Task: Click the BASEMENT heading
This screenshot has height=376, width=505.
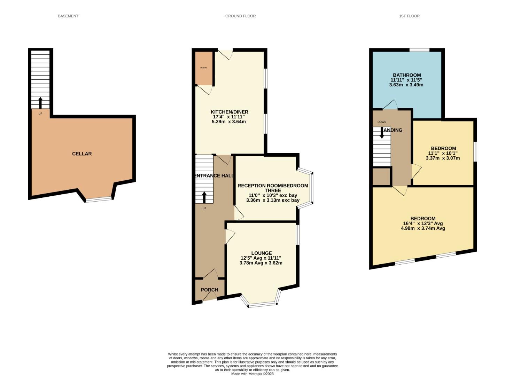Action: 68,16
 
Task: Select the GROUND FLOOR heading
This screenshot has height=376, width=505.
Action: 240,16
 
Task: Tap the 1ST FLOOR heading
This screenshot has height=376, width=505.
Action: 409,16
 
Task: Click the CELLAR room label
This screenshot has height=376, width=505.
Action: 82,154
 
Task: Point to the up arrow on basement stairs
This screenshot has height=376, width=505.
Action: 40,103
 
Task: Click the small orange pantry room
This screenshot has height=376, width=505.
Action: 204,68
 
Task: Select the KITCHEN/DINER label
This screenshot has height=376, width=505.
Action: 229,112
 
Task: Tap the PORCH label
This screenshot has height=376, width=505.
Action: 209,290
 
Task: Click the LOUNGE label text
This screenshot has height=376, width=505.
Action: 262,253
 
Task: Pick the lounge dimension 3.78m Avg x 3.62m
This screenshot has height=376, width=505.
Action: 261,263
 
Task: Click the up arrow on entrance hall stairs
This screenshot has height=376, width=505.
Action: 204,197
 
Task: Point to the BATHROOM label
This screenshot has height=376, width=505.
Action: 407,75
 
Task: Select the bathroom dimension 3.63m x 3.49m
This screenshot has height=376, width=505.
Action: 407,85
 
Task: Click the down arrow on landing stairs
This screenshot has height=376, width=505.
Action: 382,133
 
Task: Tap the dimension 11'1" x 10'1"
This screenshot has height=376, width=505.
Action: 443,153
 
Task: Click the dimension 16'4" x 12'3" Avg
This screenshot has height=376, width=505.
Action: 423,224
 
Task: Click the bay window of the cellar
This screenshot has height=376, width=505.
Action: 99,199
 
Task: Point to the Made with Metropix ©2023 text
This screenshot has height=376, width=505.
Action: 252,374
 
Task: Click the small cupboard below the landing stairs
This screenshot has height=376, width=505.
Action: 381,177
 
